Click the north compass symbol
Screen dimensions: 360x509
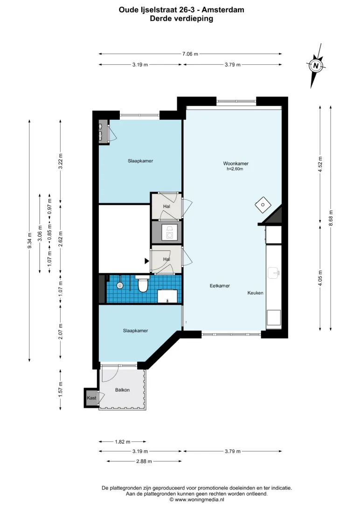click(316, 66)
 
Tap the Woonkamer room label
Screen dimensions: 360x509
click(235, 163)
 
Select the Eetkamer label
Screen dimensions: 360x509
click(220, 286)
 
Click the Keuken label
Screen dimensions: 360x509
click(256, 293)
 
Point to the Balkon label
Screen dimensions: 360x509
click(122, 390)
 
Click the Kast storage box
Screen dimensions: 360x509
click(91, 398)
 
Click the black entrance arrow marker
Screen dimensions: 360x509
click(147, 261)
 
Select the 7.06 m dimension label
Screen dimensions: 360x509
click(190, 54)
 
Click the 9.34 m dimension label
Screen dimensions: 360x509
click(29, 241)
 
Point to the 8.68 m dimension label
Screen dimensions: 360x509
click(331, 218)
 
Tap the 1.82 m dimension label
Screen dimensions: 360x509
click(122, 442)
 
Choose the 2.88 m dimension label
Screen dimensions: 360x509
click(144, 461)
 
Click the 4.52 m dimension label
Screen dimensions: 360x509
click(320, 165)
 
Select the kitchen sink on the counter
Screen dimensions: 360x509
click(274, 273)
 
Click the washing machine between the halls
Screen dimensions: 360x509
click(169, 232)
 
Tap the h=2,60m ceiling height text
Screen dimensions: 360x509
click(235, 169)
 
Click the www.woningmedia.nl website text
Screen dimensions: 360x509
click(199, 500)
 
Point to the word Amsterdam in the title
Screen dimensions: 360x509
click(223, 10)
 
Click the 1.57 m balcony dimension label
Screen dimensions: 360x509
click(60, 389)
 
